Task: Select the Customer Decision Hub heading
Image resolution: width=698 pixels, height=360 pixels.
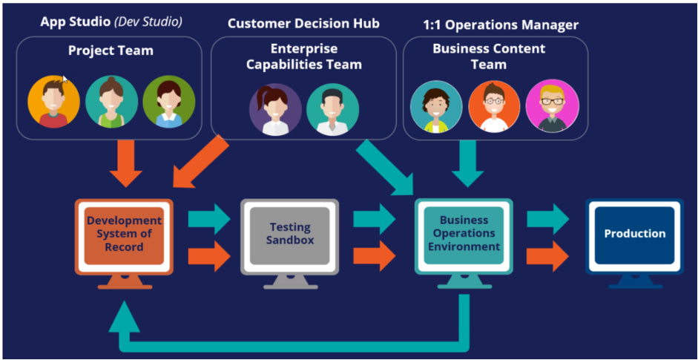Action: (303, 23)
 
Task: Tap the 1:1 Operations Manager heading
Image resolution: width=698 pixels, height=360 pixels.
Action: (501, 24)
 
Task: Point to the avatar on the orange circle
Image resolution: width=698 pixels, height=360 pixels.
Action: (53, 102)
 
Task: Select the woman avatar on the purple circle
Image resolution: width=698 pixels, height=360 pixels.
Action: (275, 109)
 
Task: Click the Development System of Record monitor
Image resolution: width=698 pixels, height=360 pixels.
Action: (124, 236)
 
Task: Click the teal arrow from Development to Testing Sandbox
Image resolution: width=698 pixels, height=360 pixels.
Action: (210, 220)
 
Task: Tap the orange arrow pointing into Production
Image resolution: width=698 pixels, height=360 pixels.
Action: (547, 256)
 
